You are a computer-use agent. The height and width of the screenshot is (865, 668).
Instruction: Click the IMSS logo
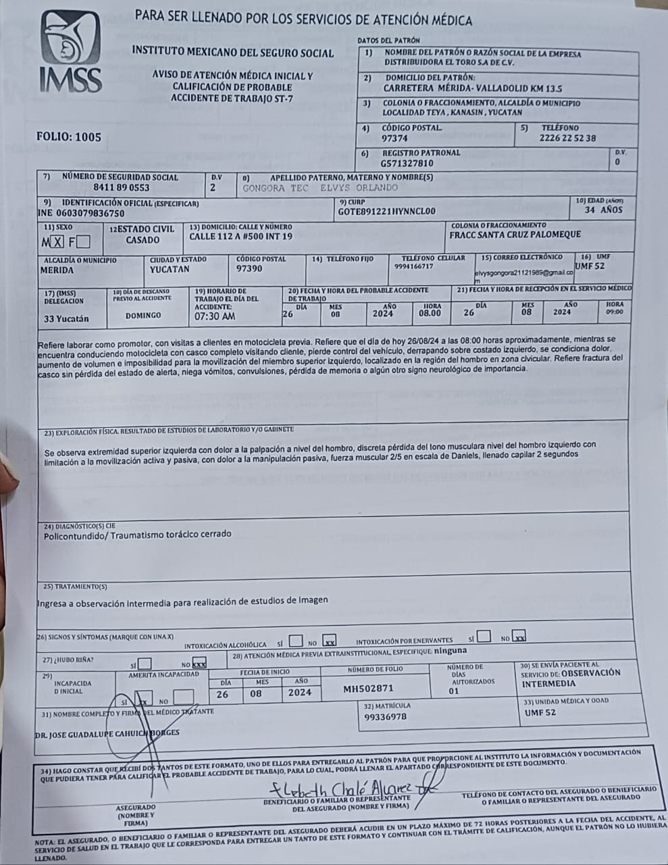(x=70, y=53)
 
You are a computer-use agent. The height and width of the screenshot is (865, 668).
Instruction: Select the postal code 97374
(x=394, y=138)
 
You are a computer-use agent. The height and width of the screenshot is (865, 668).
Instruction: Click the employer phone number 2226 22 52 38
(x=568, y=138)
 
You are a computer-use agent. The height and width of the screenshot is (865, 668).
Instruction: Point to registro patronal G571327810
(x=407, y=163)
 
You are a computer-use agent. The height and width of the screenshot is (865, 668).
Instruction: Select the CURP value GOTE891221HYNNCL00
(x=382, y=211)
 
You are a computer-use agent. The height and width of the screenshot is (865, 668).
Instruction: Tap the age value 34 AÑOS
(x=603, y=210)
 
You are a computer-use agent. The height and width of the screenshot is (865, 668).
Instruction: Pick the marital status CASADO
(x=143, y=240)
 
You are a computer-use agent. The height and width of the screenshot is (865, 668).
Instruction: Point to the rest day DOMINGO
(x=143, y=315)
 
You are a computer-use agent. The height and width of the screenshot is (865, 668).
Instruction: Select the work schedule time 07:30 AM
(x=215, y=316)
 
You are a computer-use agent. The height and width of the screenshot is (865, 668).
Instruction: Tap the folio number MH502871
(x=368, y=689)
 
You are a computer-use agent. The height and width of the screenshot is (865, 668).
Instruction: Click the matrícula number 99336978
(x=386, y=716)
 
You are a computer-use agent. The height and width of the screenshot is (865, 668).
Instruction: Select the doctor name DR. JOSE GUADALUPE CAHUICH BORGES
(x=107, y=733)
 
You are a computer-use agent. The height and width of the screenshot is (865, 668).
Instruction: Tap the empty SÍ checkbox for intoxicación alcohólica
(x=295, y=640)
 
